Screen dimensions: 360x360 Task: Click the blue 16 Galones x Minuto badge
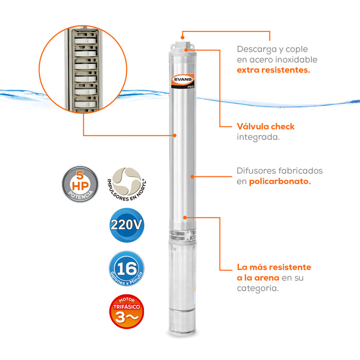coord(127,269)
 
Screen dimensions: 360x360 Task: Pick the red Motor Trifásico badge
coord(127,311)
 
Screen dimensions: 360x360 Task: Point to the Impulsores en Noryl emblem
coord(127,184)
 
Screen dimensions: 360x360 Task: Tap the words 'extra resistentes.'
coord(273,69)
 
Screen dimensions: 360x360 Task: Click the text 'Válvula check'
coord(265,127)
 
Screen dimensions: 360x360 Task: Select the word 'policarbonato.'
coord(280,182)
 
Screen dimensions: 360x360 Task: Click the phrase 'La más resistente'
coord(274,267)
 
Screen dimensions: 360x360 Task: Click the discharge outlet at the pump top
coord(182,39)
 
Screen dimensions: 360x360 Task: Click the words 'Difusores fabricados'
coord(280,170)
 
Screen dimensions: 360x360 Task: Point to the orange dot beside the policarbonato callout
coord(192,176)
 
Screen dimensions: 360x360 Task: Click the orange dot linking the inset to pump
coord(175,135)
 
